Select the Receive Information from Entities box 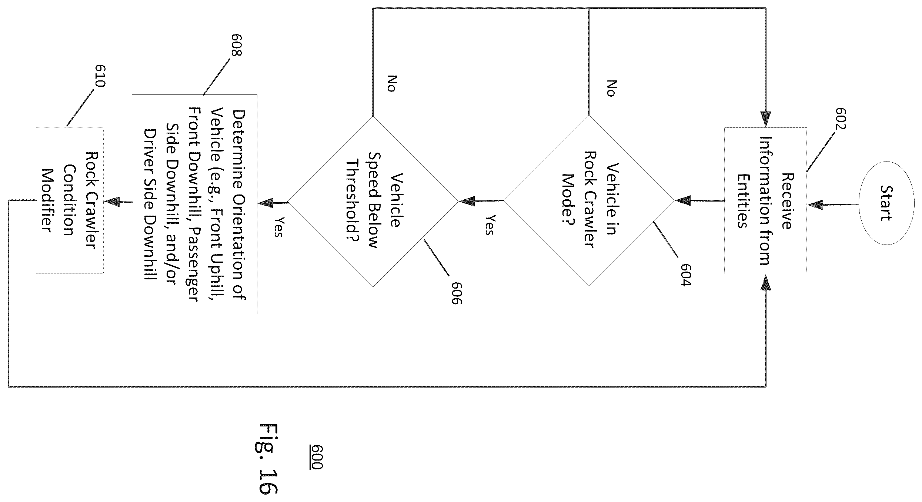765,201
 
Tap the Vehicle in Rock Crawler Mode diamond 589,200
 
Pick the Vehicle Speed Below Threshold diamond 373,202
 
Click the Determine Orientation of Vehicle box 194,204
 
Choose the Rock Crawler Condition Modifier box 70,200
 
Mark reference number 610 100,76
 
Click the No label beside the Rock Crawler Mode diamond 611,88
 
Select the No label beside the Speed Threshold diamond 391,83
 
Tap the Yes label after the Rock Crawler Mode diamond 489,225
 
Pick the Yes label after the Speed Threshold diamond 278,227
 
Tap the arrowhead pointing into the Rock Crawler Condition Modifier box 112,202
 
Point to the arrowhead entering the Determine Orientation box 265,203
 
